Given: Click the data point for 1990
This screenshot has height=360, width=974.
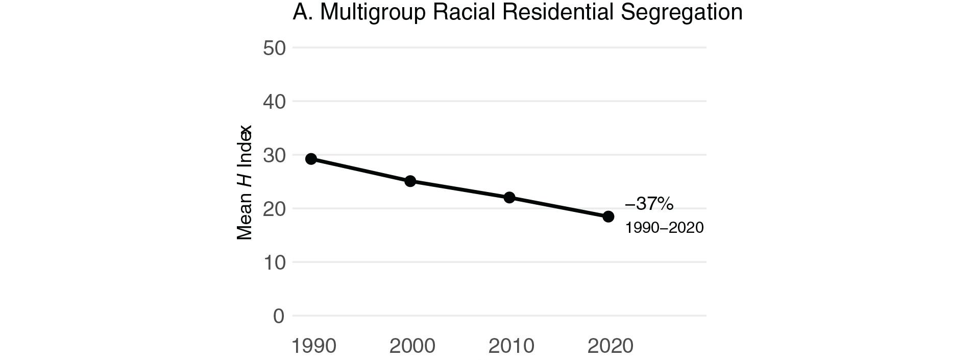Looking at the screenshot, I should point(311,159).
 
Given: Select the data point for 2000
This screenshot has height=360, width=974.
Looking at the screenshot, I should point(410,181).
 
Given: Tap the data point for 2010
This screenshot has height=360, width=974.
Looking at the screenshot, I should point(509,197).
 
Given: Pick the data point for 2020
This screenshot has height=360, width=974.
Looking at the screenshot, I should point(608,217).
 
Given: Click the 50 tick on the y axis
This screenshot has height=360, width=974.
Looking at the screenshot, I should point(274,48).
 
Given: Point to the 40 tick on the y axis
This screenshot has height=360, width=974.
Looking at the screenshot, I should point(274,102).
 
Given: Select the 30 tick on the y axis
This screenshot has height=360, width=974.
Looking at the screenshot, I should point(274,155).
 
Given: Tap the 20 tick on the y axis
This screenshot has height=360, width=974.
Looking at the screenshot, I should point(274,209).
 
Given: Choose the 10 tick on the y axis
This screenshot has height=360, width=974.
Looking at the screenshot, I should point(274,262).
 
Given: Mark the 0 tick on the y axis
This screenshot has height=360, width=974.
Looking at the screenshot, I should point(279,316).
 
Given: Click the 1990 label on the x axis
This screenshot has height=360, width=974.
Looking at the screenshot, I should point(314,346).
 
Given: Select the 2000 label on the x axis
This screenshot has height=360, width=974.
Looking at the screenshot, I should point(412,346).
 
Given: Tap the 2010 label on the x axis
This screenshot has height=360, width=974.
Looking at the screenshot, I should point(511,346).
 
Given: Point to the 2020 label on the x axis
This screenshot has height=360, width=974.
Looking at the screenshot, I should point(610,346).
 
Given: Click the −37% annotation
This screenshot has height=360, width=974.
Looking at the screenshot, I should point(649,204).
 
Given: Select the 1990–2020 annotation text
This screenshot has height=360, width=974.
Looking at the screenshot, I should point(664,228).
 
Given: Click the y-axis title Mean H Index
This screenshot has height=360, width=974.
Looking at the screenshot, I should point(245,182).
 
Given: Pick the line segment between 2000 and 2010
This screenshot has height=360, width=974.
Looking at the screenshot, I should point(459,189).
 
